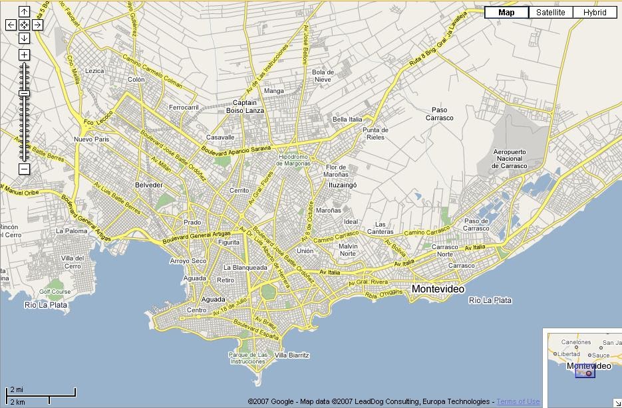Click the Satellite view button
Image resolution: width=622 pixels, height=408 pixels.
coord(551,12)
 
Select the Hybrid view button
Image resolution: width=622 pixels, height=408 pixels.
coord(594,12)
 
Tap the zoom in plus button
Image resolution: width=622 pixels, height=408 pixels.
coord(24,54)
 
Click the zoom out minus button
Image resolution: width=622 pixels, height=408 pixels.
coord(24,169)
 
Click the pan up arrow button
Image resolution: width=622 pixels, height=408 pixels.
coord(24,11)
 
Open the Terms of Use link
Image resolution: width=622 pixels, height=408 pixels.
coord(518,401)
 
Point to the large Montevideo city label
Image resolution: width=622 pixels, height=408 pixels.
coord(438,289)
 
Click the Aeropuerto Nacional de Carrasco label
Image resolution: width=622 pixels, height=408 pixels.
coord(510,159)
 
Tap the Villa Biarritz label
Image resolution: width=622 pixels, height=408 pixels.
coord(292,356)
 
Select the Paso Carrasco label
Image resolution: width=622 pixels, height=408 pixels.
coord(438,114)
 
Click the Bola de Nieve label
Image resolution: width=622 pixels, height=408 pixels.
coord(323,76)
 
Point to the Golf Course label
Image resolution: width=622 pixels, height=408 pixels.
coord(55,292)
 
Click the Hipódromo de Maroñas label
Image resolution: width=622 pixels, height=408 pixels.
coord(294,159)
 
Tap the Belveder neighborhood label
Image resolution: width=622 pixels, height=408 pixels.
coord(148,185)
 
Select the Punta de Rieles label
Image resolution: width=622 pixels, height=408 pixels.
coord(375,134)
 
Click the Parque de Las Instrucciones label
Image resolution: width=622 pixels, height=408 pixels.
coord(248,357)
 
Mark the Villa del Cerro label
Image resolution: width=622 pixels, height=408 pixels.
coord(73,262)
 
